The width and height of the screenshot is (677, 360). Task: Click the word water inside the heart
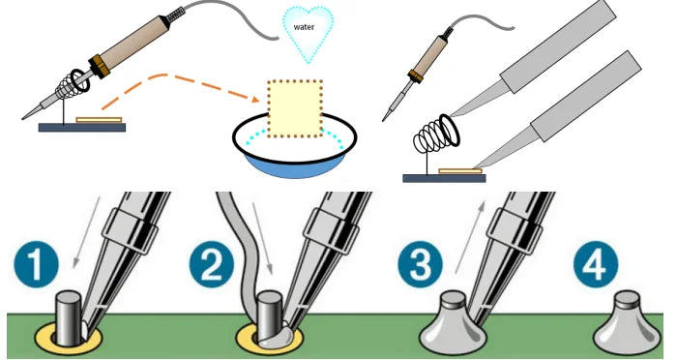pos(304,27)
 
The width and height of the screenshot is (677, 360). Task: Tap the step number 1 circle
pos(37,264)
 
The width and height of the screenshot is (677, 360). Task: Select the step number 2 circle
pos(212,264)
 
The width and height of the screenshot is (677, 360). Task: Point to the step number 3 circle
pos(420,264)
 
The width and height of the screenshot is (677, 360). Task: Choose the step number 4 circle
pos(596,264)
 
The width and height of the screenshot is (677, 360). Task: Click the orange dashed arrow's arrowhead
pos(255,99)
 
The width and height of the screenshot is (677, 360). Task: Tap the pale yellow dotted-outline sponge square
pos(295,109)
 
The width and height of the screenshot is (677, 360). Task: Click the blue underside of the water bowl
pos(295,166)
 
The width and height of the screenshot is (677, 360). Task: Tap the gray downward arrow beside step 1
pos(87,232)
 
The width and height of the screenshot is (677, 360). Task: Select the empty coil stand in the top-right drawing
pos(435,137)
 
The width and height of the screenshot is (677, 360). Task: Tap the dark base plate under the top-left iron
pos(82,128)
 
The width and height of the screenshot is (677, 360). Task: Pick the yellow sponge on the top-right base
pos(460,171)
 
